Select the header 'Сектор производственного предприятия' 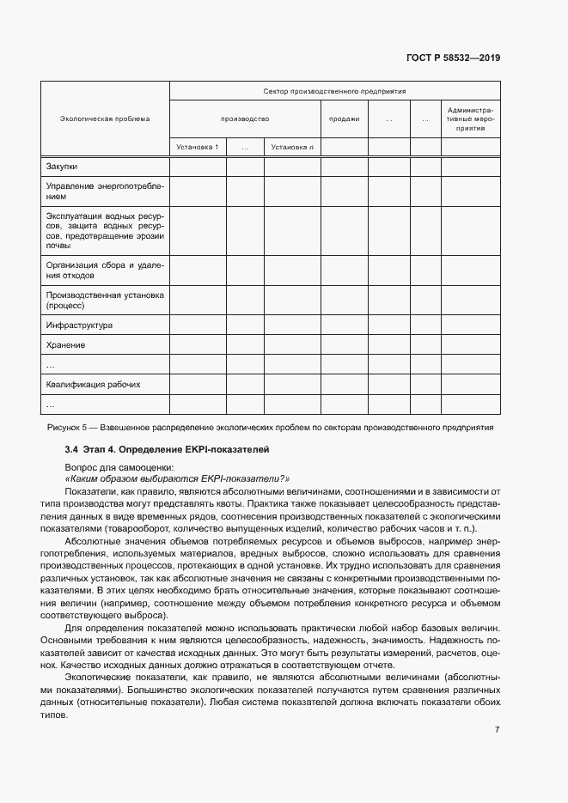pos(334,90)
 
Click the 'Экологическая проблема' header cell pos(105,119)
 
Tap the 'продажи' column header pos(344,119)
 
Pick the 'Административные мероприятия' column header pos(470,119)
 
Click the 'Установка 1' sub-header pos(198,147)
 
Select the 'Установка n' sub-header pos(291,147)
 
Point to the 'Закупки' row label pos(62,166)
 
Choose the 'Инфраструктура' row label pos(79,325)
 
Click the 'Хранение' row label pos(65,345)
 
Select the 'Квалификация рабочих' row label pos(93,385)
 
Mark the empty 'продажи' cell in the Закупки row pos(344,166)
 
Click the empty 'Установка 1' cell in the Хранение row pos(198,345)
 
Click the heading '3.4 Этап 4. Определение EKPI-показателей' pos(168,449)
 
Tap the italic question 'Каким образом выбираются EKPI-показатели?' pos(177,478)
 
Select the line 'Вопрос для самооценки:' pos(113,466)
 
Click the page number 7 pos(498,730)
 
